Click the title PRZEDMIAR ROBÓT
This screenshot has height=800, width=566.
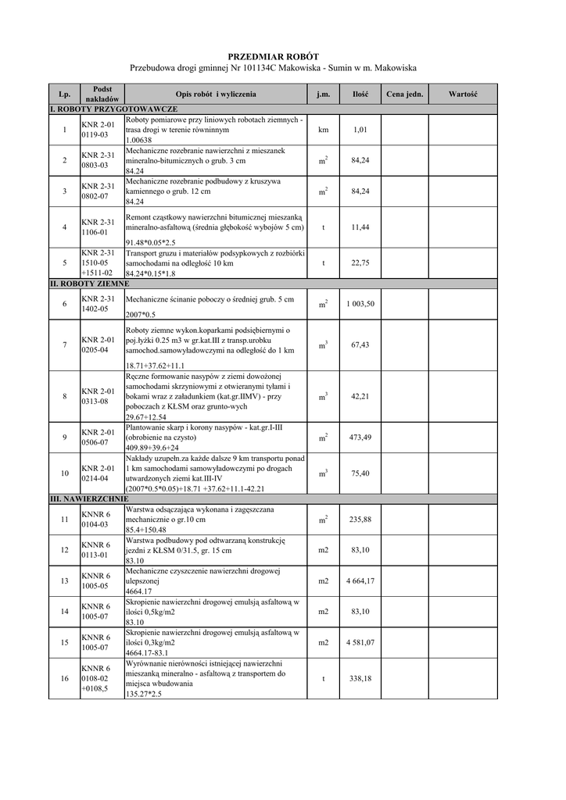[273, 57]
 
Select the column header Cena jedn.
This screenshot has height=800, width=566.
[405, 94]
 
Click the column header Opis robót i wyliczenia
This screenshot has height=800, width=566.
[215, 94]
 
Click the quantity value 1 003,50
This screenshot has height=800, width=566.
[360, 304]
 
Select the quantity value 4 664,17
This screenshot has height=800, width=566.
[360, 580]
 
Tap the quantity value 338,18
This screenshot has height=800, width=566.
[360, 678]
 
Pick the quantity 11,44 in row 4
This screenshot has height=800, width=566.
[360, 227]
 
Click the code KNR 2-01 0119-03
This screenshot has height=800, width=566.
[98, 130]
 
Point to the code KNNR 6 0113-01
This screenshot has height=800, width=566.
[96, 550]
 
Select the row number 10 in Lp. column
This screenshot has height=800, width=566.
[63, 473]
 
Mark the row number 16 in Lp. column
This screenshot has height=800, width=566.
[63, 678]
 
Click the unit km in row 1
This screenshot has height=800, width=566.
[323, 130]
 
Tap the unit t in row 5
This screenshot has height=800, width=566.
[323, 263]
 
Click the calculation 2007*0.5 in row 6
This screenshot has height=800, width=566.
[141, 314]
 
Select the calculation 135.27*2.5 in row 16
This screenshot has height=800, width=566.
[145, 694]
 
